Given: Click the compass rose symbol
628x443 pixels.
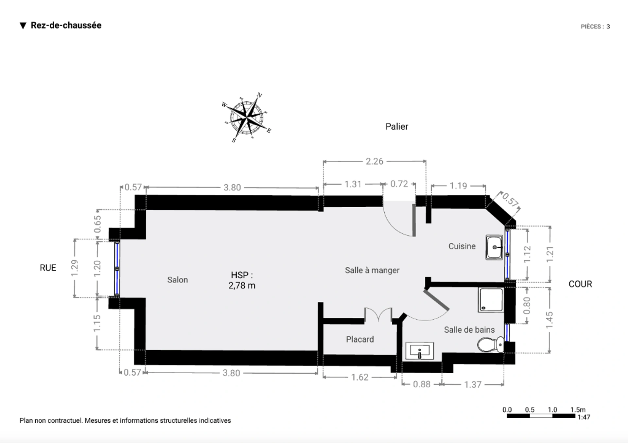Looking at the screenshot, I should tap(247, 117).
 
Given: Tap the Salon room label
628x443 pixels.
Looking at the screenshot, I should tap(178, 280).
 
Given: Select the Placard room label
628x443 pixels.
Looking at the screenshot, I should tap(360, 339).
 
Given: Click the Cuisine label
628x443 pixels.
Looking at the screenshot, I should tap(462, 246).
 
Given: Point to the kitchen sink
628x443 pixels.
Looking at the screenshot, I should tap(494, 247).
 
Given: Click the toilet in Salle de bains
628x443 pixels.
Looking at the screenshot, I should tap(491, 345).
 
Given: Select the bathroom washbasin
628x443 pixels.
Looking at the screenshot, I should tap(420, 351).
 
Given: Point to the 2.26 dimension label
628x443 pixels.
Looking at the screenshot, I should tap(374, 161).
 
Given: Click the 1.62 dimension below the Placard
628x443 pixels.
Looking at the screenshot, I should tap(360, 377).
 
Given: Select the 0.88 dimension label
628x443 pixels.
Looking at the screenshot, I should tap(421, 384).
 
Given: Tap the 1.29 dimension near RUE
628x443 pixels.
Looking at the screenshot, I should tap(75, 268).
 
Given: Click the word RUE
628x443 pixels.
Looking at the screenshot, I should tap(48, 268).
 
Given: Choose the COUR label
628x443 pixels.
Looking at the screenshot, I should tap(580, 284).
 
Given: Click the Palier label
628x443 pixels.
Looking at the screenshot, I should tap(396, 127).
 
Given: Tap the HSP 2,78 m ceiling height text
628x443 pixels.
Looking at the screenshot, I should tap(242, 280).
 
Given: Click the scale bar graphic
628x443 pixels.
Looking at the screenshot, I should tap(541, 416).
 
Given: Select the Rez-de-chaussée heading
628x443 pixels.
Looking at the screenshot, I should tap(66, 25).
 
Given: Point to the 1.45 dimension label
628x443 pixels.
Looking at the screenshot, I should tap(549, 320).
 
